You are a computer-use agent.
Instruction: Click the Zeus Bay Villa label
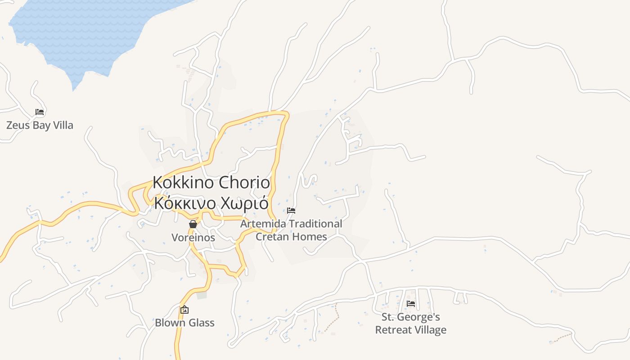click(40, 125)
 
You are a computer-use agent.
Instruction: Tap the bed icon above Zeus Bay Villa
click(40, 112)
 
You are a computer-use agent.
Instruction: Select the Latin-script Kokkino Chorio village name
click(211, 183)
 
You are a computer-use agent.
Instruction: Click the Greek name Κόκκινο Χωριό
click(211, 203)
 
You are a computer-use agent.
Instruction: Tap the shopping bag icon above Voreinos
click(193, 224)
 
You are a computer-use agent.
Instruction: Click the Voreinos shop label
click(193, 237)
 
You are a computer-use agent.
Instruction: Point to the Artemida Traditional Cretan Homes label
click(291, 230)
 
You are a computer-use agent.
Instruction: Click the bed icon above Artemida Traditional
click(291, 210)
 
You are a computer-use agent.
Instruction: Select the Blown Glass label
click(184, 323)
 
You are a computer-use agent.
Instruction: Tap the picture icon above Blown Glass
click(184, 310)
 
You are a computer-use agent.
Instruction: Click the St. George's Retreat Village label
click(411, 323)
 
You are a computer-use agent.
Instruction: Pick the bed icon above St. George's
click(411, 304)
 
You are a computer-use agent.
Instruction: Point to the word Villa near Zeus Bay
click(63, 125)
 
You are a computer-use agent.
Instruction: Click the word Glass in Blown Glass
click(201, 323)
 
